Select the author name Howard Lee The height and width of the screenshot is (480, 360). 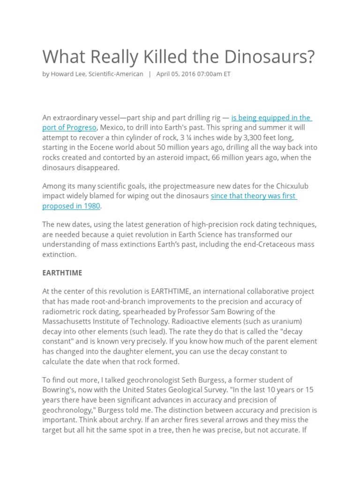70,74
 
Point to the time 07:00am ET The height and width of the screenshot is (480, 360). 214,74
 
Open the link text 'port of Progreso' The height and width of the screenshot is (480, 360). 69,127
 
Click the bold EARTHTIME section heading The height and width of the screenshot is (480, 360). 62,273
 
